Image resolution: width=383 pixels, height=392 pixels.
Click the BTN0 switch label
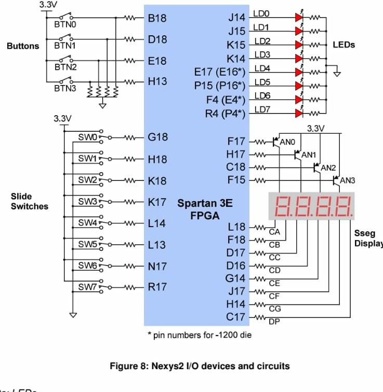pyautogui.click(x=64, y=24)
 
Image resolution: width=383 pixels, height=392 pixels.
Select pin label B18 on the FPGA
pyautogui.click(x=157, y=18)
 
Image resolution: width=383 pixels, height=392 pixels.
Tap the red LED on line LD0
pyautogui.click(x=299, y=17)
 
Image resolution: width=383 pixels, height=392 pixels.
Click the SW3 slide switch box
pyautogui.click(x=87, y=201)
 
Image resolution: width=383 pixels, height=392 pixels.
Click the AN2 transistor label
pyautogui.click(x=328, y=168)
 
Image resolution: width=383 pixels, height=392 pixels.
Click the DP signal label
pyautogui.click(x=274, y=322)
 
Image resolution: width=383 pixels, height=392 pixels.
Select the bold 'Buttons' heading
pyautogui.click(x=22, y=46)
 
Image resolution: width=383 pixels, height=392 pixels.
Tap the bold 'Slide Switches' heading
pyautogui.click(x=29, y=201)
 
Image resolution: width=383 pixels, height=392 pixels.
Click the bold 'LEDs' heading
pyautogui.click(x=344, y=45)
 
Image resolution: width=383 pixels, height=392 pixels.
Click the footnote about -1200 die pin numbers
pyautogui.click(x=200, y=335)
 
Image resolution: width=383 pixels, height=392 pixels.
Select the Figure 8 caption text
pyautogui.click(x=200, y=366)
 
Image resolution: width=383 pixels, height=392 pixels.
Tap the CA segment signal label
pyautogui.click(x=274, y=232)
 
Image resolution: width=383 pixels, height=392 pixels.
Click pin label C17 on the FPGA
pyautogui.click(x=236, y=317)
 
